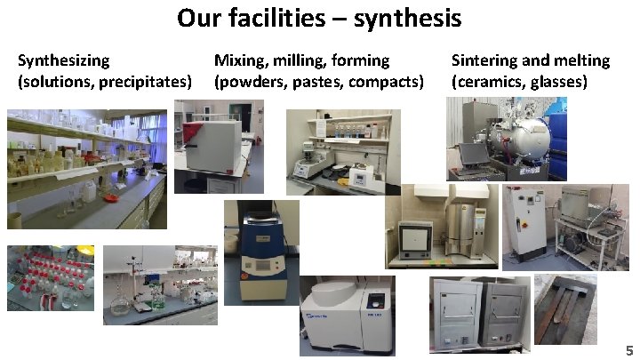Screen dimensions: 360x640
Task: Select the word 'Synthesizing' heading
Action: pos(64,60)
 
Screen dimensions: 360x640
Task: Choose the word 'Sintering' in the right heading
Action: pos(484,60)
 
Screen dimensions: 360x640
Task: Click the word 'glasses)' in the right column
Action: pos(556,82)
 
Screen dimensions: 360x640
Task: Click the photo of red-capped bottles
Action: pos(50,277)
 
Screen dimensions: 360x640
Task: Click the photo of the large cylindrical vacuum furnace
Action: pos(505,138)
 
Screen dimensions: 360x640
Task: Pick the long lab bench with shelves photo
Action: pos(87,169)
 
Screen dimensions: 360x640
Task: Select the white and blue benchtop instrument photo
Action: pos(347,316)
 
